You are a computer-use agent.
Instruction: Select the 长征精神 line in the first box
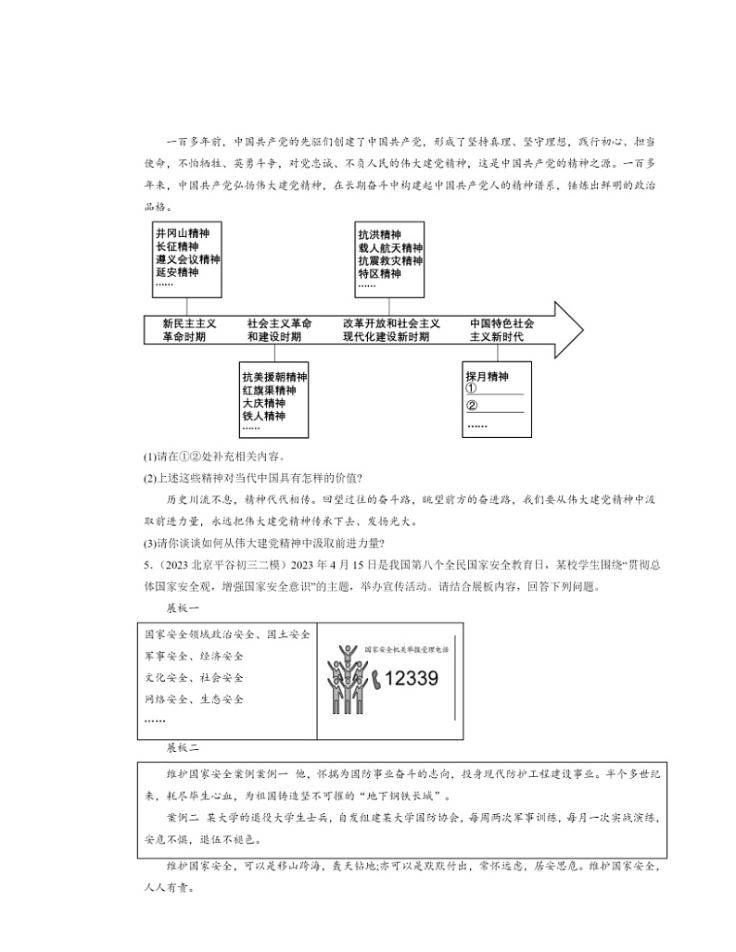click(176, 247)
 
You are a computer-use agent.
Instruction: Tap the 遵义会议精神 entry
click(187, 260)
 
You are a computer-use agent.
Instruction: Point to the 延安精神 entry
click(176, 273)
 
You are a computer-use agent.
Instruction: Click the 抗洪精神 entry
click(378, 234)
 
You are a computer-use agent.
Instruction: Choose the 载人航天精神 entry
click(389, 248)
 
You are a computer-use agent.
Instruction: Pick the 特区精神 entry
click(378, 274)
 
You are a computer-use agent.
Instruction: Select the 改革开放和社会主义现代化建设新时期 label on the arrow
click(390, 331)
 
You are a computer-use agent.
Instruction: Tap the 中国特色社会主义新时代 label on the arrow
click(501, 331)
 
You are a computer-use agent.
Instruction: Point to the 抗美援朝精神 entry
click(274, 378)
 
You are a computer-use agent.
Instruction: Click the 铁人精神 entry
click(263, 417)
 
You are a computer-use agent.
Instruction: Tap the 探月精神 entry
click(488, 377)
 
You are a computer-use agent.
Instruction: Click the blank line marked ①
click(501, 392)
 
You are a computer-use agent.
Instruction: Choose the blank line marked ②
click(501, 407)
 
